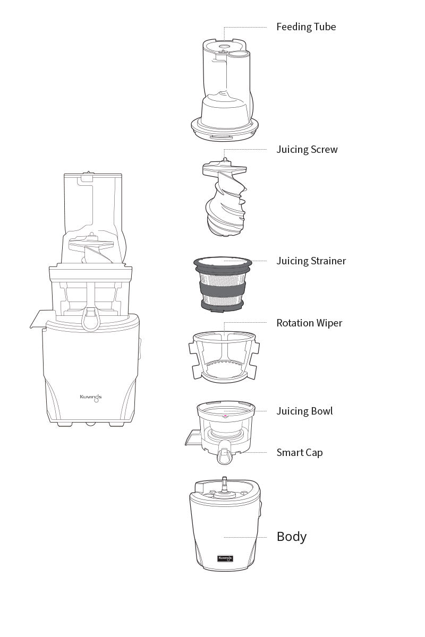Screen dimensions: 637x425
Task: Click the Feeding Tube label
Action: [306, 27]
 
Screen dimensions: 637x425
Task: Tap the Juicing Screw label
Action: [307, 150]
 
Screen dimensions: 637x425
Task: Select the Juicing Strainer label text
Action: [311, 261]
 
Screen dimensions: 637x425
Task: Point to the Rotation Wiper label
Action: [309, 323]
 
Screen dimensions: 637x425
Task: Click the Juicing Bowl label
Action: [304, 411]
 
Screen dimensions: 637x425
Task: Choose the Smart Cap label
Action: [299, 453]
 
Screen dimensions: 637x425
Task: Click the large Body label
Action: [291, 537]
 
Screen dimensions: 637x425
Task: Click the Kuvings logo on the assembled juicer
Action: [90, 397]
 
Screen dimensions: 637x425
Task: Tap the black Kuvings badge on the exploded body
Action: [225, 558]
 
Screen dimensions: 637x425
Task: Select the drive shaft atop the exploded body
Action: [225, 484]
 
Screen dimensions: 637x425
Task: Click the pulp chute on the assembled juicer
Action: [39, 320]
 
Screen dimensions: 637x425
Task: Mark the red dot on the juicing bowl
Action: [225, 417]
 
